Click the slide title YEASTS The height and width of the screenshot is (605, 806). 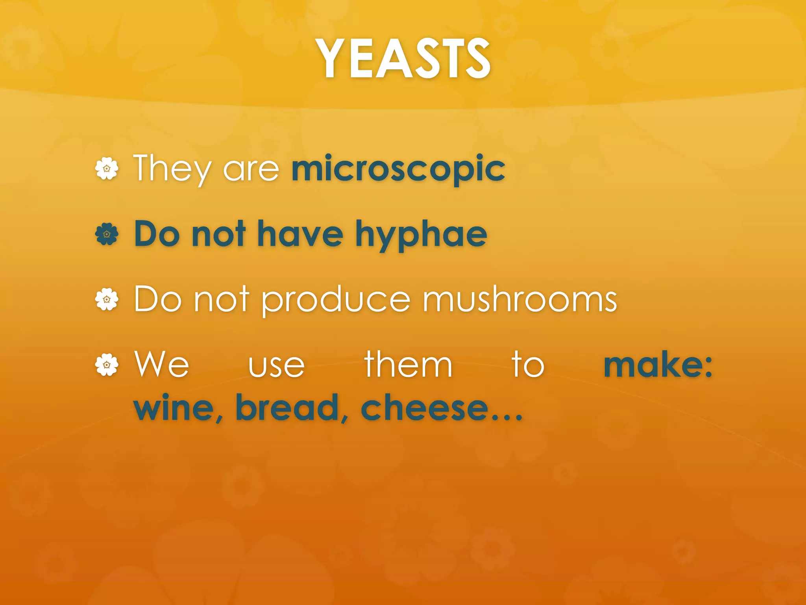405,59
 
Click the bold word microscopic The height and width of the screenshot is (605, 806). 398,169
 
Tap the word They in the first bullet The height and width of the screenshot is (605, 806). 173,169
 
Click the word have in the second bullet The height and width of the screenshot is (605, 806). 300,234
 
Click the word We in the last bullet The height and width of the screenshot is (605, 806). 162,365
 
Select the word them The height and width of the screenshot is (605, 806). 408,365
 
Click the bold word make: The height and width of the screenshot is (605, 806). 658,365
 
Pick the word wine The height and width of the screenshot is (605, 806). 175,408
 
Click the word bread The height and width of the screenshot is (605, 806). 287,407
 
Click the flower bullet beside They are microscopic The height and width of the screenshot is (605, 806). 107,169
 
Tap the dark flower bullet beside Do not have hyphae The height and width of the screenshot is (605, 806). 107,234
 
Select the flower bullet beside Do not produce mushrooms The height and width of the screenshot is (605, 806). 107,300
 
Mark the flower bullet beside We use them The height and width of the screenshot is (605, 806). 107,365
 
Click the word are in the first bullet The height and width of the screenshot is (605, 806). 251,170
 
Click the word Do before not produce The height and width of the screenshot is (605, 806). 158,299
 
